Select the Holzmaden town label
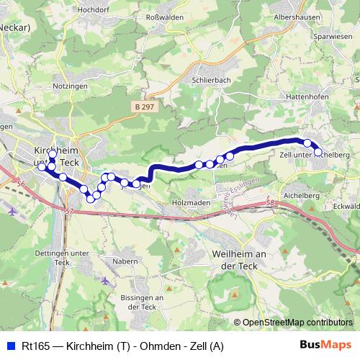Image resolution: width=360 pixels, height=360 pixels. pyautogui.click(x=192, y=202)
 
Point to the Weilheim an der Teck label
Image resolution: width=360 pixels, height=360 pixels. pyautogui.click(x=240, y=258)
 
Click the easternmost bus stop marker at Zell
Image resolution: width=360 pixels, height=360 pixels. pyautogui.click(x=318, y=152)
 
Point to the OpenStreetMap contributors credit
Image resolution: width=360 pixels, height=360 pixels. pyautogui.click(x=297, y=323)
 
